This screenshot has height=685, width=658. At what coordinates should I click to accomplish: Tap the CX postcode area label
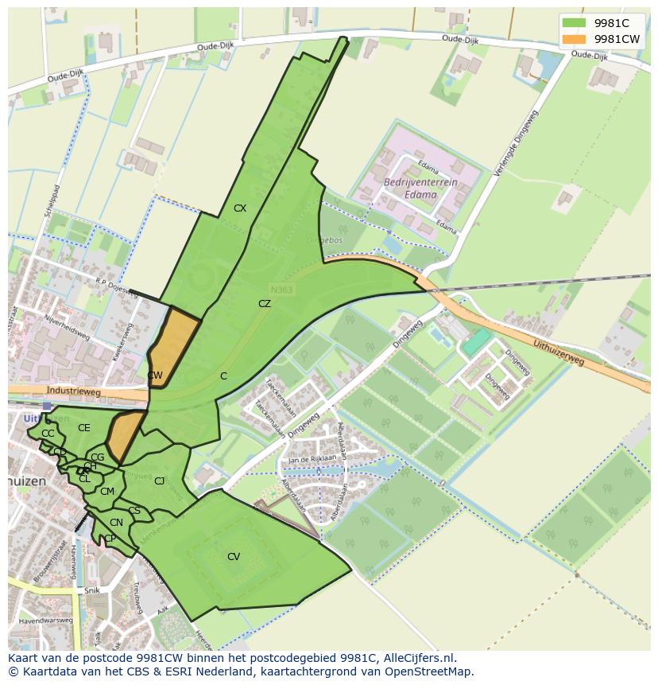click(240, 208)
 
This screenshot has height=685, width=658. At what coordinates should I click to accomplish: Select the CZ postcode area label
click(265, 304)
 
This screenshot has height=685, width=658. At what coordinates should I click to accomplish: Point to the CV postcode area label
click(234, 557)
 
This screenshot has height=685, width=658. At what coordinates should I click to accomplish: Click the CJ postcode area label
click(160, 481)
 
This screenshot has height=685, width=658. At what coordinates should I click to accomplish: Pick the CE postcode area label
click(84, 428)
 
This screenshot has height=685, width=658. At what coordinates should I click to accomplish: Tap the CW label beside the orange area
click(155, 376)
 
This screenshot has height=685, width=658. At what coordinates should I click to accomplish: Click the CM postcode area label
click(107, 492)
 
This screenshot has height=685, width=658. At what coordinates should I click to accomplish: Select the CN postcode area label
click(116, 523)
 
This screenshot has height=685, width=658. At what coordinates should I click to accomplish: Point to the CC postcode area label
click(48, 434)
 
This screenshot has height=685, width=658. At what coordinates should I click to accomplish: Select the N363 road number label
click(281, 290)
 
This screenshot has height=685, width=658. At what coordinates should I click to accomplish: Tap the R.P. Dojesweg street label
click(117, 285)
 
